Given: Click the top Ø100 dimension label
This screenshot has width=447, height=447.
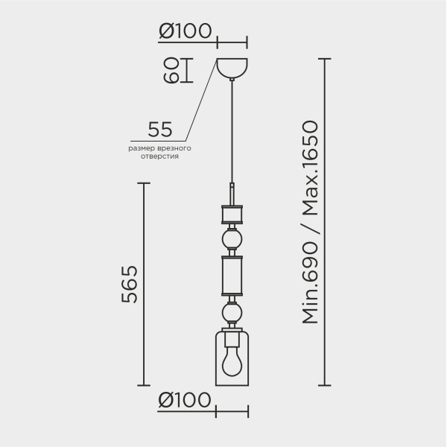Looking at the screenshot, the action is [186, 31].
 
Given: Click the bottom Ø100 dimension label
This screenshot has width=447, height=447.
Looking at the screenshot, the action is [185, 399].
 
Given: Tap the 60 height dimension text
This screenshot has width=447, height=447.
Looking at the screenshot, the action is [171, 71].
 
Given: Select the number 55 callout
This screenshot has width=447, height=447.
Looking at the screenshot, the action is [160, 130].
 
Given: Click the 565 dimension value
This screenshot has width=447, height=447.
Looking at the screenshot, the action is [130, 285].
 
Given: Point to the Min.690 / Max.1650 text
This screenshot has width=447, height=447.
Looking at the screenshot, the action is [310, 222].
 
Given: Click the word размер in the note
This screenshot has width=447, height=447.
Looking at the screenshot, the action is [142, 148].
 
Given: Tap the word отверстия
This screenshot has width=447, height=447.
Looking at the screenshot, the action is [159, 156].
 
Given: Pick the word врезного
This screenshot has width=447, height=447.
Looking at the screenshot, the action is [174, 148].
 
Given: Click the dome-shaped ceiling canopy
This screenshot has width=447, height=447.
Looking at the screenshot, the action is [232, 68].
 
